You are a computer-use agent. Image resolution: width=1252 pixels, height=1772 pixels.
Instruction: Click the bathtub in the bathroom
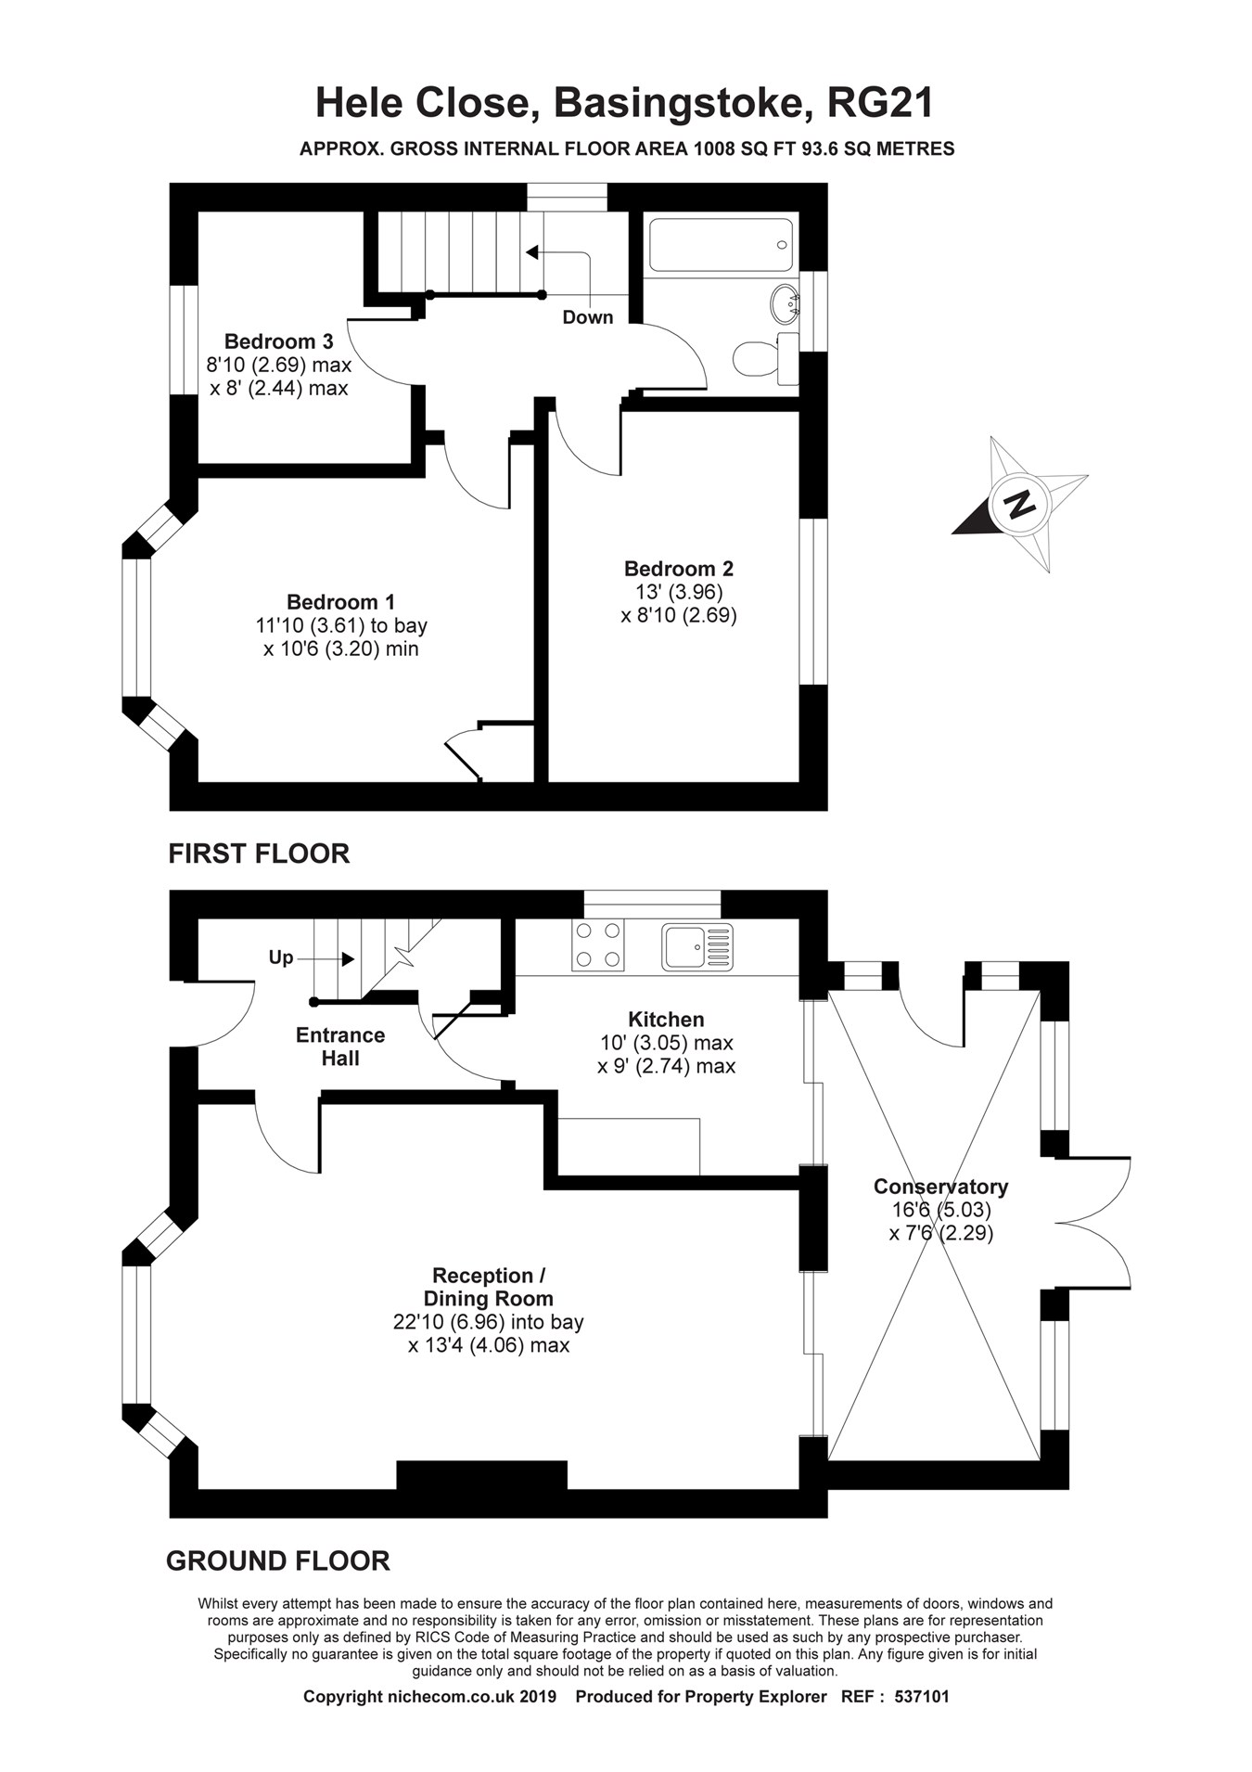[721, 245]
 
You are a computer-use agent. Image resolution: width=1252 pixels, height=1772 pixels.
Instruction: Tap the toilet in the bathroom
[759, 358]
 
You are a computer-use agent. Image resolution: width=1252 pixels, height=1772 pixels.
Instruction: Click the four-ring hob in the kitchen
[597, 944]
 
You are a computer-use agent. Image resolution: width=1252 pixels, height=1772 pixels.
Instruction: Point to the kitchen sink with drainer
[697, 945]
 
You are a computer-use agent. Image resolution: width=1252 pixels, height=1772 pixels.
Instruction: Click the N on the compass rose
[1020, 505]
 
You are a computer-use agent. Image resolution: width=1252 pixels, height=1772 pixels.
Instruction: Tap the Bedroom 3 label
[278, 341]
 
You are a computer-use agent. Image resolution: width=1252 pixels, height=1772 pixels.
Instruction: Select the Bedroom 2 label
[678, 569]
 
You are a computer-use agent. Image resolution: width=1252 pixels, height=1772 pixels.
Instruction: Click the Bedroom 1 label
[340, 602]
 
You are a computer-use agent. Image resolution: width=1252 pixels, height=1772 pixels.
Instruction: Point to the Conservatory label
[940, 1187]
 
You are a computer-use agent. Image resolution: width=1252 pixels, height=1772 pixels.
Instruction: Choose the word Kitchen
[666, 1020]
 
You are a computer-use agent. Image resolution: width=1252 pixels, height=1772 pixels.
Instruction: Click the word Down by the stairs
[587, 317]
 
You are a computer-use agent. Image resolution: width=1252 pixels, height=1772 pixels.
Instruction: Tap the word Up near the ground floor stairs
[280, 957]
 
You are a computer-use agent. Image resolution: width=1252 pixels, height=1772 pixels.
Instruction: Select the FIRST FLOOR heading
[259, 854]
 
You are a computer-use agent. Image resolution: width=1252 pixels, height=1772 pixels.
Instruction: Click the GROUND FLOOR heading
[277, 1561]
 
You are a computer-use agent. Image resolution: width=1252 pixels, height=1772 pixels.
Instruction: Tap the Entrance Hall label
[339, 1047]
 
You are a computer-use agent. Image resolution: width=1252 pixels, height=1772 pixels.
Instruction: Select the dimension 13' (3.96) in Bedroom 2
[678, 592]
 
